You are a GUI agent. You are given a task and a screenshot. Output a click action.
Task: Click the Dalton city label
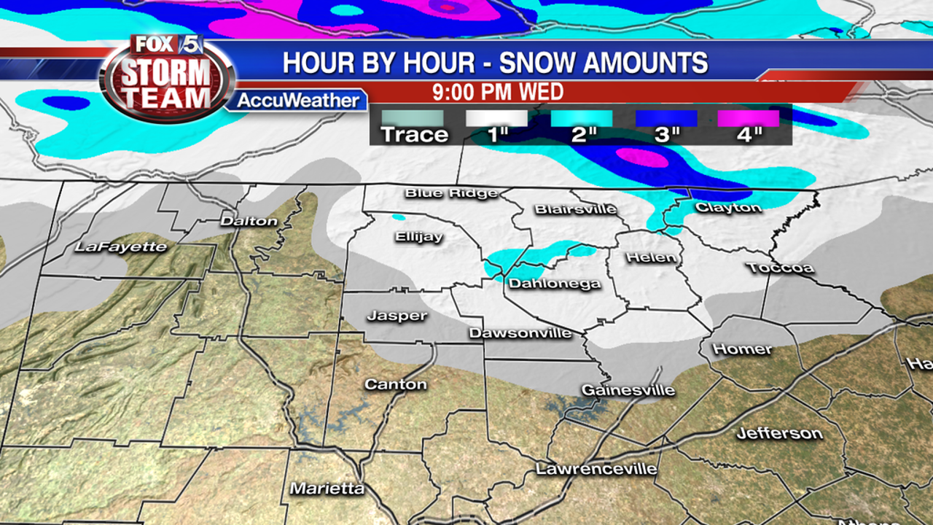point(249,220)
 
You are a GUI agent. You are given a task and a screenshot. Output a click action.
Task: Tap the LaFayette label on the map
point(121,246)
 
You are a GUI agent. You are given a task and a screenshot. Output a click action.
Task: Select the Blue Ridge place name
point(451,192)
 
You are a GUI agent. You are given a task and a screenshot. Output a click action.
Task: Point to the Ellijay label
point(419,236)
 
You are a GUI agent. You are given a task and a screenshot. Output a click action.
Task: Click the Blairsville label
point(575,209)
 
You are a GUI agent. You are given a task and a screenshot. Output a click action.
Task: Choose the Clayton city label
point(728,207)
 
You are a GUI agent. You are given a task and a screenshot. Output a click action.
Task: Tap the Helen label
point(651,257)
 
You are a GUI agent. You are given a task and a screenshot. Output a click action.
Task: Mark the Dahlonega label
point(555,283)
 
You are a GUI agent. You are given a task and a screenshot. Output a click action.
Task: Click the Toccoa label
point(780,268)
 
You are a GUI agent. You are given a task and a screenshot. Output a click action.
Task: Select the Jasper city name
point(397,315)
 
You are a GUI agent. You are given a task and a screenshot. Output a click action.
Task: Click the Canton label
point(396,384)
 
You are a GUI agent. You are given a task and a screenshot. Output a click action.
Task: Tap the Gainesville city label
point(628,390)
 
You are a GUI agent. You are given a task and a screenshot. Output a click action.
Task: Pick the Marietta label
point(327,488)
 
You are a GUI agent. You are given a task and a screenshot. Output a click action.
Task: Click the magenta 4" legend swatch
point(748,118)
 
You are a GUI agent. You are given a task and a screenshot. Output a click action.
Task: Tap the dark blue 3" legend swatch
point(665,118)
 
